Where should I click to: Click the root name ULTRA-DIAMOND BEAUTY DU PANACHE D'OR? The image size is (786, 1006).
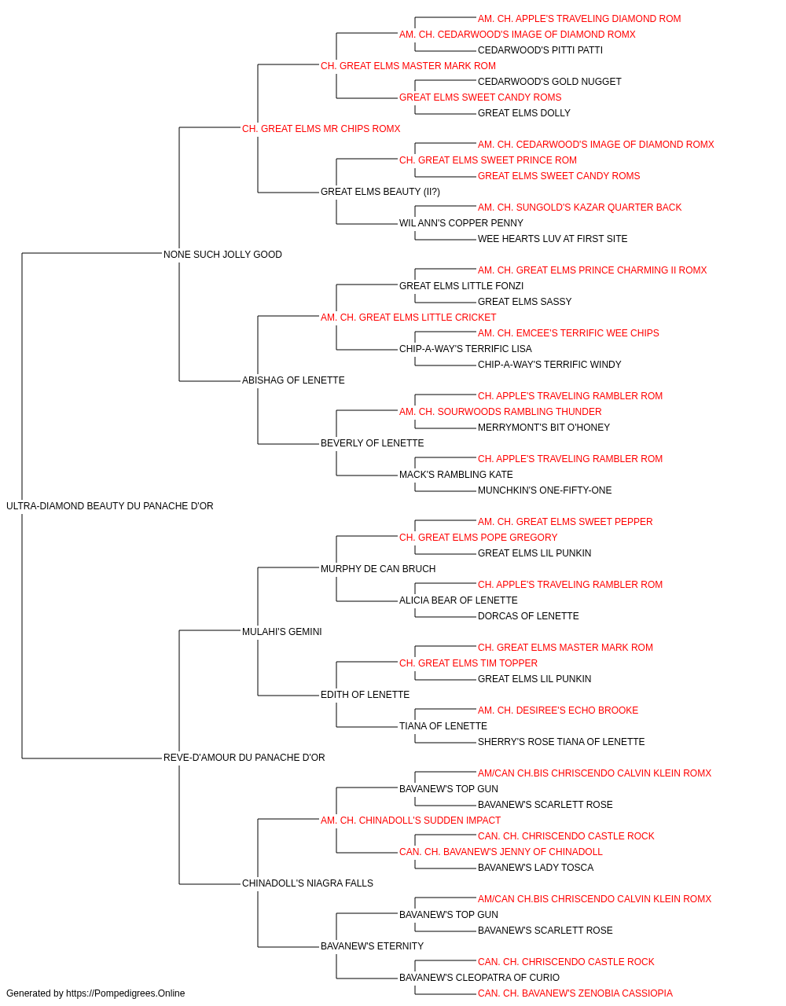[110, 506]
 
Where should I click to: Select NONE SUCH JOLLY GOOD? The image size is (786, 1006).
[222, 255]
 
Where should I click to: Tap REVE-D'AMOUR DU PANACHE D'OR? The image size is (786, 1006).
[244, 758]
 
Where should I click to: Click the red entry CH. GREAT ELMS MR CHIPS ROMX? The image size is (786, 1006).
[321, 129]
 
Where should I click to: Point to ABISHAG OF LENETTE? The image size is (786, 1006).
[293, 380]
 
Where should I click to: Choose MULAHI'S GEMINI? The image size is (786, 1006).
[282, 632]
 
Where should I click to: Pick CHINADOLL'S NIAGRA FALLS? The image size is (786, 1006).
[307, 883]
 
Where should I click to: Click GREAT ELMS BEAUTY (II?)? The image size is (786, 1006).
[380, 192]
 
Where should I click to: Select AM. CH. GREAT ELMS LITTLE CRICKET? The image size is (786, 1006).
[408, 318]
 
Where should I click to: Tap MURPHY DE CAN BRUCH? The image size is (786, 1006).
[378, 569]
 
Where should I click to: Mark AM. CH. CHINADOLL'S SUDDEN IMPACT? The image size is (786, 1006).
[410, 821]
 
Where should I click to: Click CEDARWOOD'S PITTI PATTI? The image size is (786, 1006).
[540, 50]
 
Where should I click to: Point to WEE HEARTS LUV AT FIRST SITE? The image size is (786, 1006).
[553, 239]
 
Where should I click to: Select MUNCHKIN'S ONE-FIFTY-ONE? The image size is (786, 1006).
[545, 490]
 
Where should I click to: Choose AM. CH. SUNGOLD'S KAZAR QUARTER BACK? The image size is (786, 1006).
[579, 207]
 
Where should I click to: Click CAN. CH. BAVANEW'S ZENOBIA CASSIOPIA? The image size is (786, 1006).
[575, 993]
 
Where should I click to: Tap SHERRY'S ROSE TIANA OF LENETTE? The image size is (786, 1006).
[561, 742]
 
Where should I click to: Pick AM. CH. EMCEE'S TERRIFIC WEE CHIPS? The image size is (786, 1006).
[568, 333]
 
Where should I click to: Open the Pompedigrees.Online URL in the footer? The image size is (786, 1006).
[126, 993]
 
